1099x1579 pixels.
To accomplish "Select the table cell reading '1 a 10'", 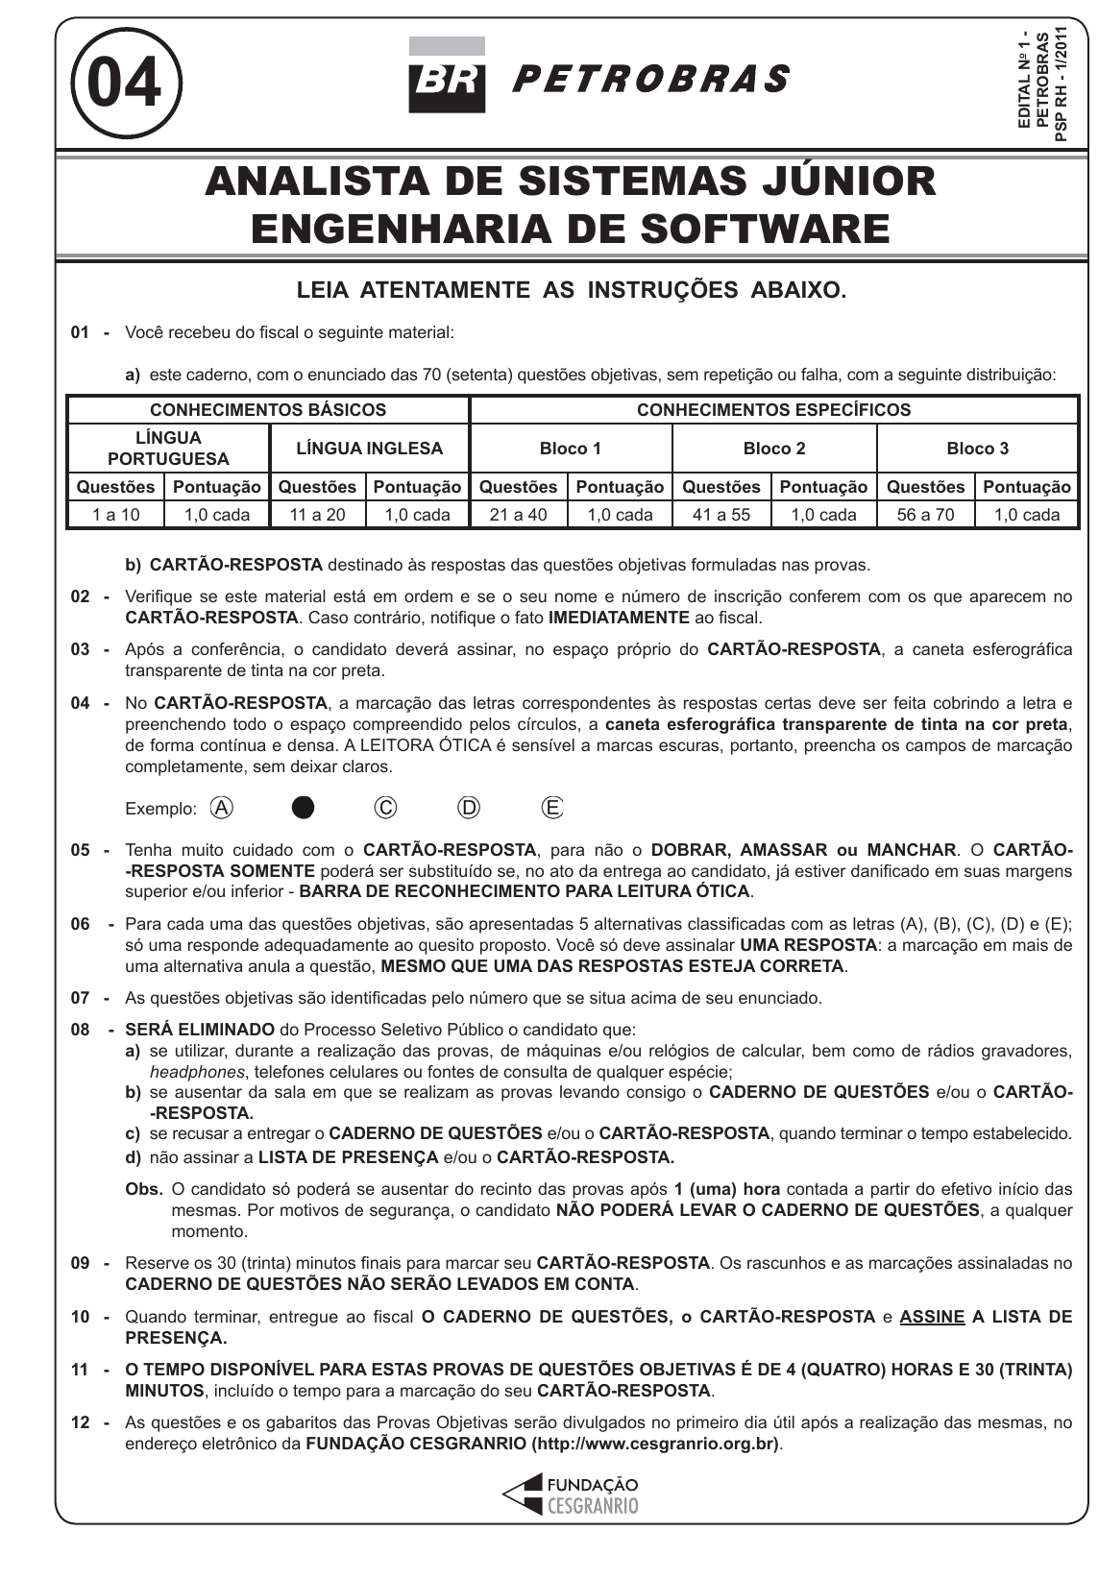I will [x=116, y=515].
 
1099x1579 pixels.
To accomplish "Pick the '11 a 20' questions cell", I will [x=317, y=515].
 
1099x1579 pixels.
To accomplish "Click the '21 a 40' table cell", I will [x=518, y=515].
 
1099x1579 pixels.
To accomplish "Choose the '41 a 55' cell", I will [x=721, y=515].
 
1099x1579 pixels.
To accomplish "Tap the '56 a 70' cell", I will [x=925, y=515].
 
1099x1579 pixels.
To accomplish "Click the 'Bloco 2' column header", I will [x=774, y=449].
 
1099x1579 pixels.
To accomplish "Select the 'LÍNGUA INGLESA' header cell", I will [x=370, y=449].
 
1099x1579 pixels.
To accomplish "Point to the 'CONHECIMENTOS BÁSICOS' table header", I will [x=268, y=410].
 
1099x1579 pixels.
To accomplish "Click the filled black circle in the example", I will [x=303, y=808].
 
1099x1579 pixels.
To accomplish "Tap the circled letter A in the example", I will [x=221, y=808].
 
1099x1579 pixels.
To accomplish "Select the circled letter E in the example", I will [x=552, y=808].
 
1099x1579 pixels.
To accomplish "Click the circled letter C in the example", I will [x=385, y=808].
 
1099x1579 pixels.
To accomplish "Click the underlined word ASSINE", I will [x=932, y=1317].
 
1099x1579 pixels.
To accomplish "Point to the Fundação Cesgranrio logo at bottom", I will [x=570, y=1495].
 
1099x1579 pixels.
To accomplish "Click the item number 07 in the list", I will [x=81, y=999].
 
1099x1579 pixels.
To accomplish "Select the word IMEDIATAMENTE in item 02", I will [x=619, y=618].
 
